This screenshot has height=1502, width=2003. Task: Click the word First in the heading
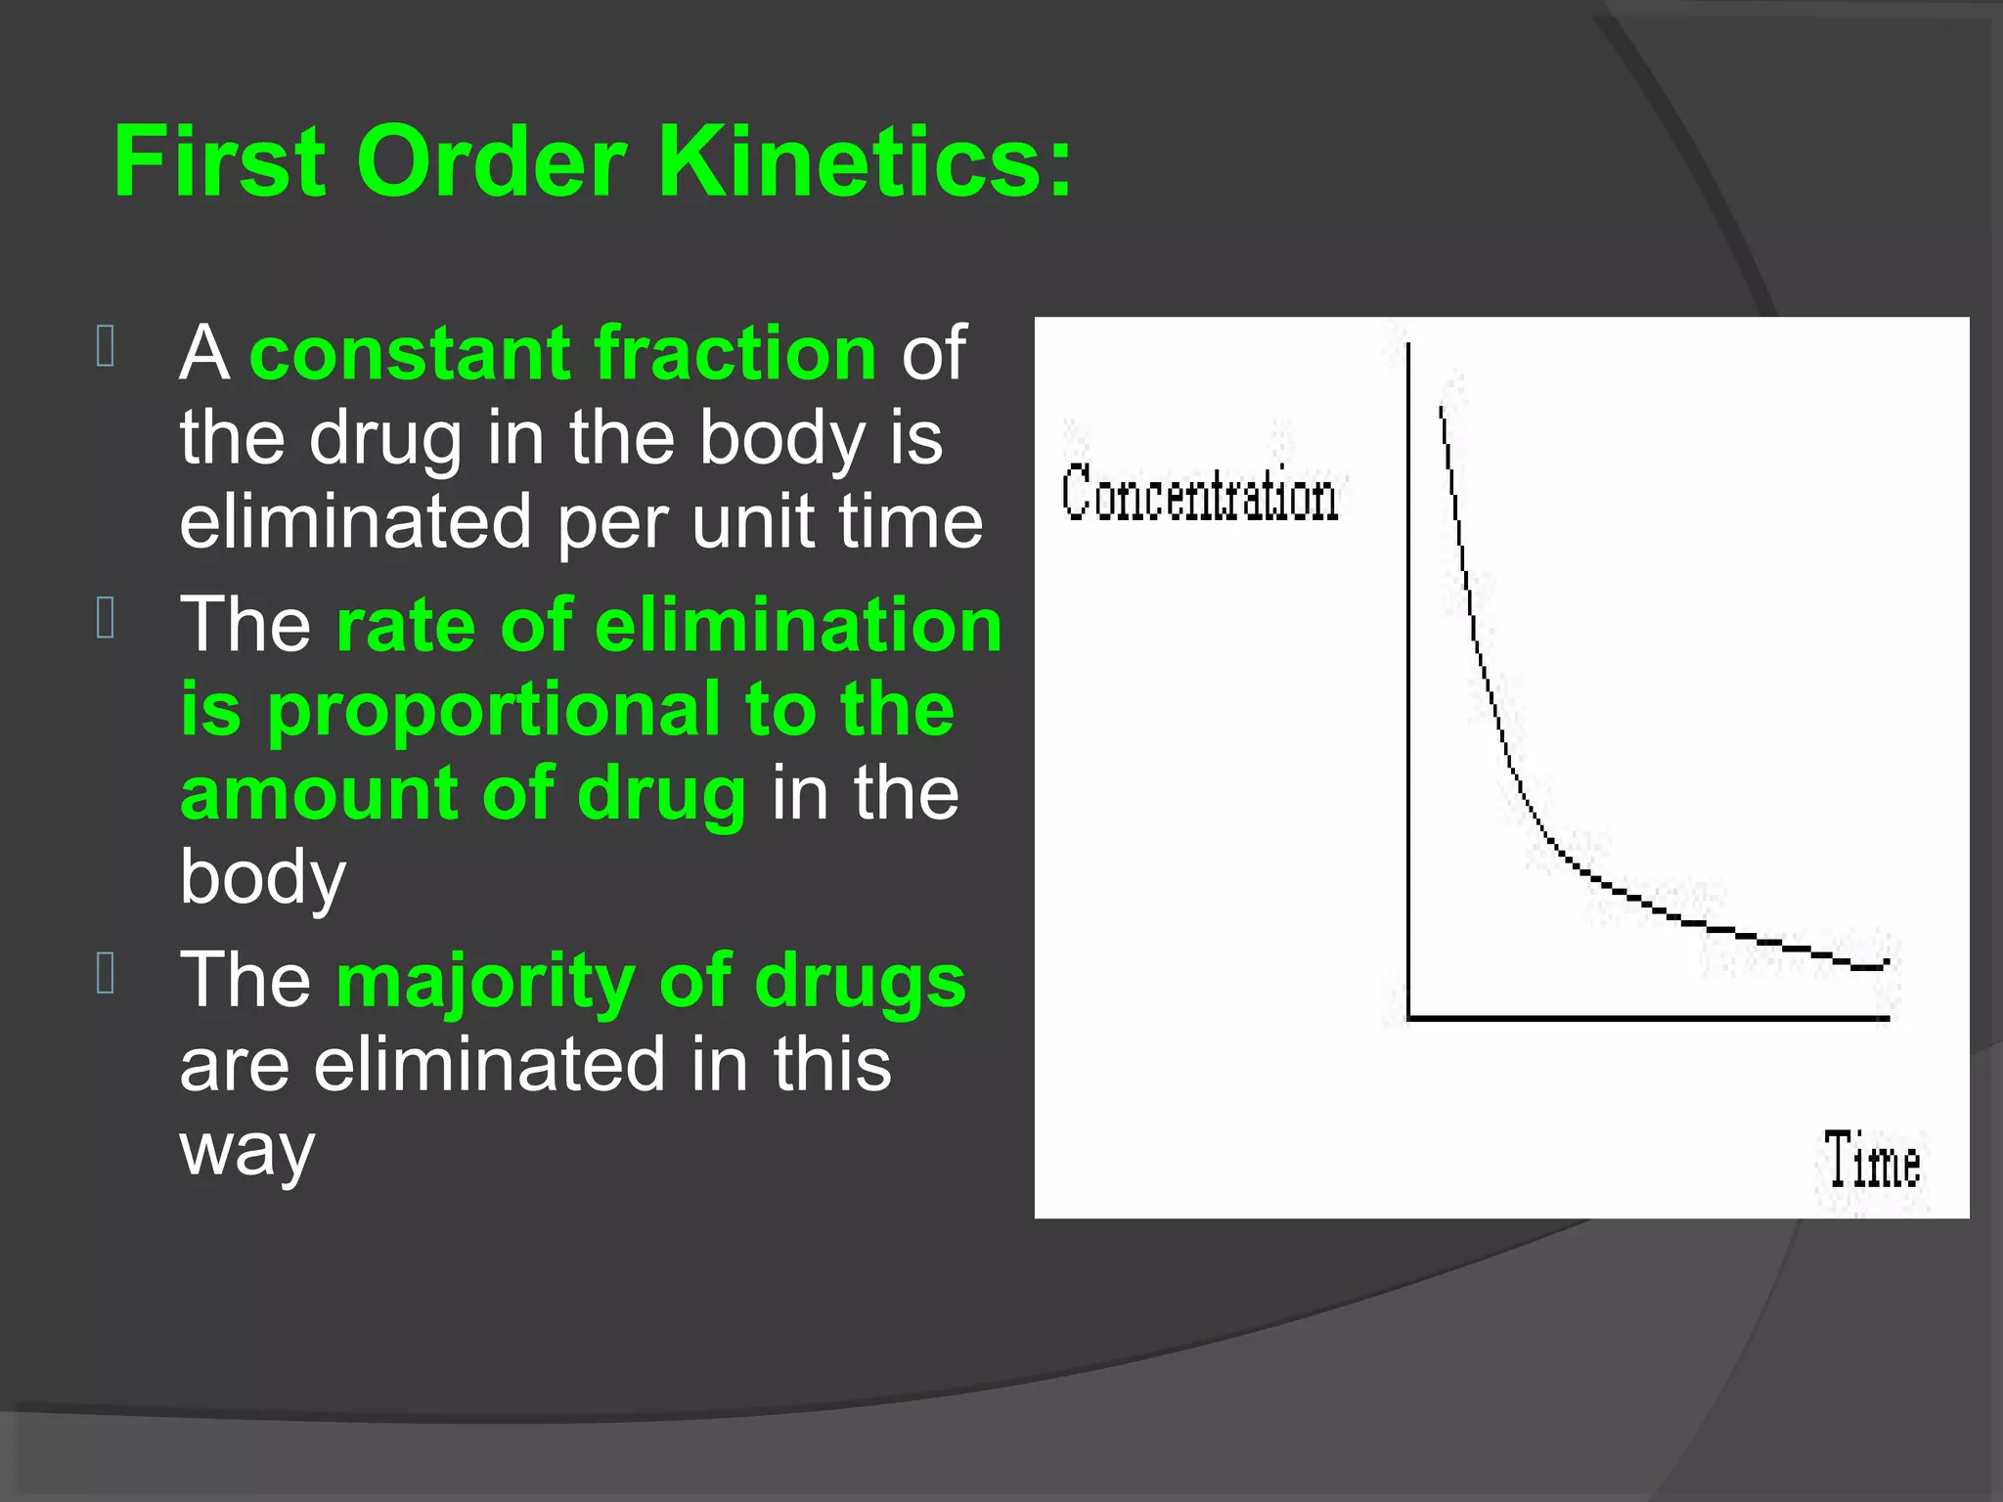click(x=220, y=161)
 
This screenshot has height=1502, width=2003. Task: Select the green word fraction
click(x=735, y=352)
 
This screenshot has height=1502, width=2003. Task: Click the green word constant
click(x=411, y=352)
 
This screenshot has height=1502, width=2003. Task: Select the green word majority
click(x=484, y=981)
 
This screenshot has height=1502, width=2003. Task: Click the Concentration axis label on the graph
click(x=1200, y=495)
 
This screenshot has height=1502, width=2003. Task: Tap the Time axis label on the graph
click(x=1872, y=1162)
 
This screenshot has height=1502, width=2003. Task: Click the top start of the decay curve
click(x=1441, y=409)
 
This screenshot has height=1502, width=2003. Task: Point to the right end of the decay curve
click(x=1885, y=964)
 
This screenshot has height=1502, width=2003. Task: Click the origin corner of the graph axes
click(x=1409, y=1018)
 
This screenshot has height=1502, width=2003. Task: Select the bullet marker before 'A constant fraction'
click(x=107, y=346)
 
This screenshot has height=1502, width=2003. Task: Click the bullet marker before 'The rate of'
click(x=107, y=618)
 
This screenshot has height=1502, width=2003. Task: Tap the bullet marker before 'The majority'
click(x=107, y=974)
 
